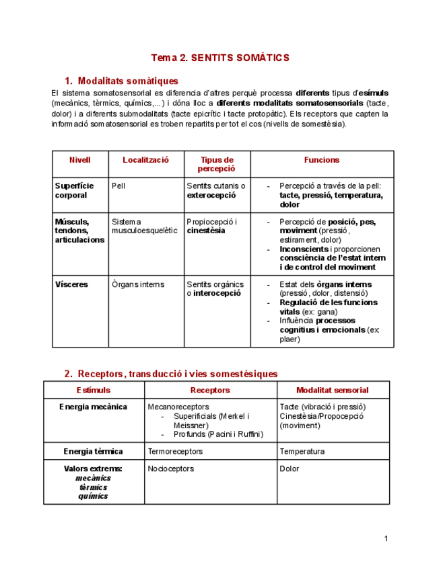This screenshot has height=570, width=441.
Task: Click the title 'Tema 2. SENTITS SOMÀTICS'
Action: coord(219,58)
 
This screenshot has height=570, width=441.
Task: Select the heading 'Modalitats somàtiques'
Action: coord(128,81)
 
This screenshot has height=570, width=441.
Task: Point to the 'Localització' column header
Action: coord(145,160)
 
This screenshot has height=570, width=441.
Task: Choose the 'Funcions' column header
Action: coord(322,160)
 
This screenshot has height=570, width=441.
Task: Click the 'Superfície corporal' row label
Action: coord(74,190)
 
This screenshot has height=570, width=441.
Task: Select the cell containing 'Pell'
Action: coord(118,186)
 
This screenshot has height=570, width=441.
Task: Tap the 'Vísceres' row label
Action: coord(71,284)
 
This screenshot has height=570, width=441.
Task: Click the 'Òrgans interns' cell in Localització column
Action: coord(138,284)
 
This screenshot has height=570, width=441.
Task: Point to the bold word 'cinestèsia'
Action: coord(206,231)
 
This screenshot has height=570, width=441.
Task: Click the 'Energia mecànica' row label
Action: coord(93,407)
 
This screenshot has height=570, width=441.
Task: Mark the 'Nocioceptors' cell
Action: coord(170,469)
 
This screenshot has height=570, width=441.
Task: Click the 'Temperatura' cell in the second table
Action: coord(302,452)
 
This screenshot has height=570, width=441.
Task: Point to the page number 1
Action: coord(386,538)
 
